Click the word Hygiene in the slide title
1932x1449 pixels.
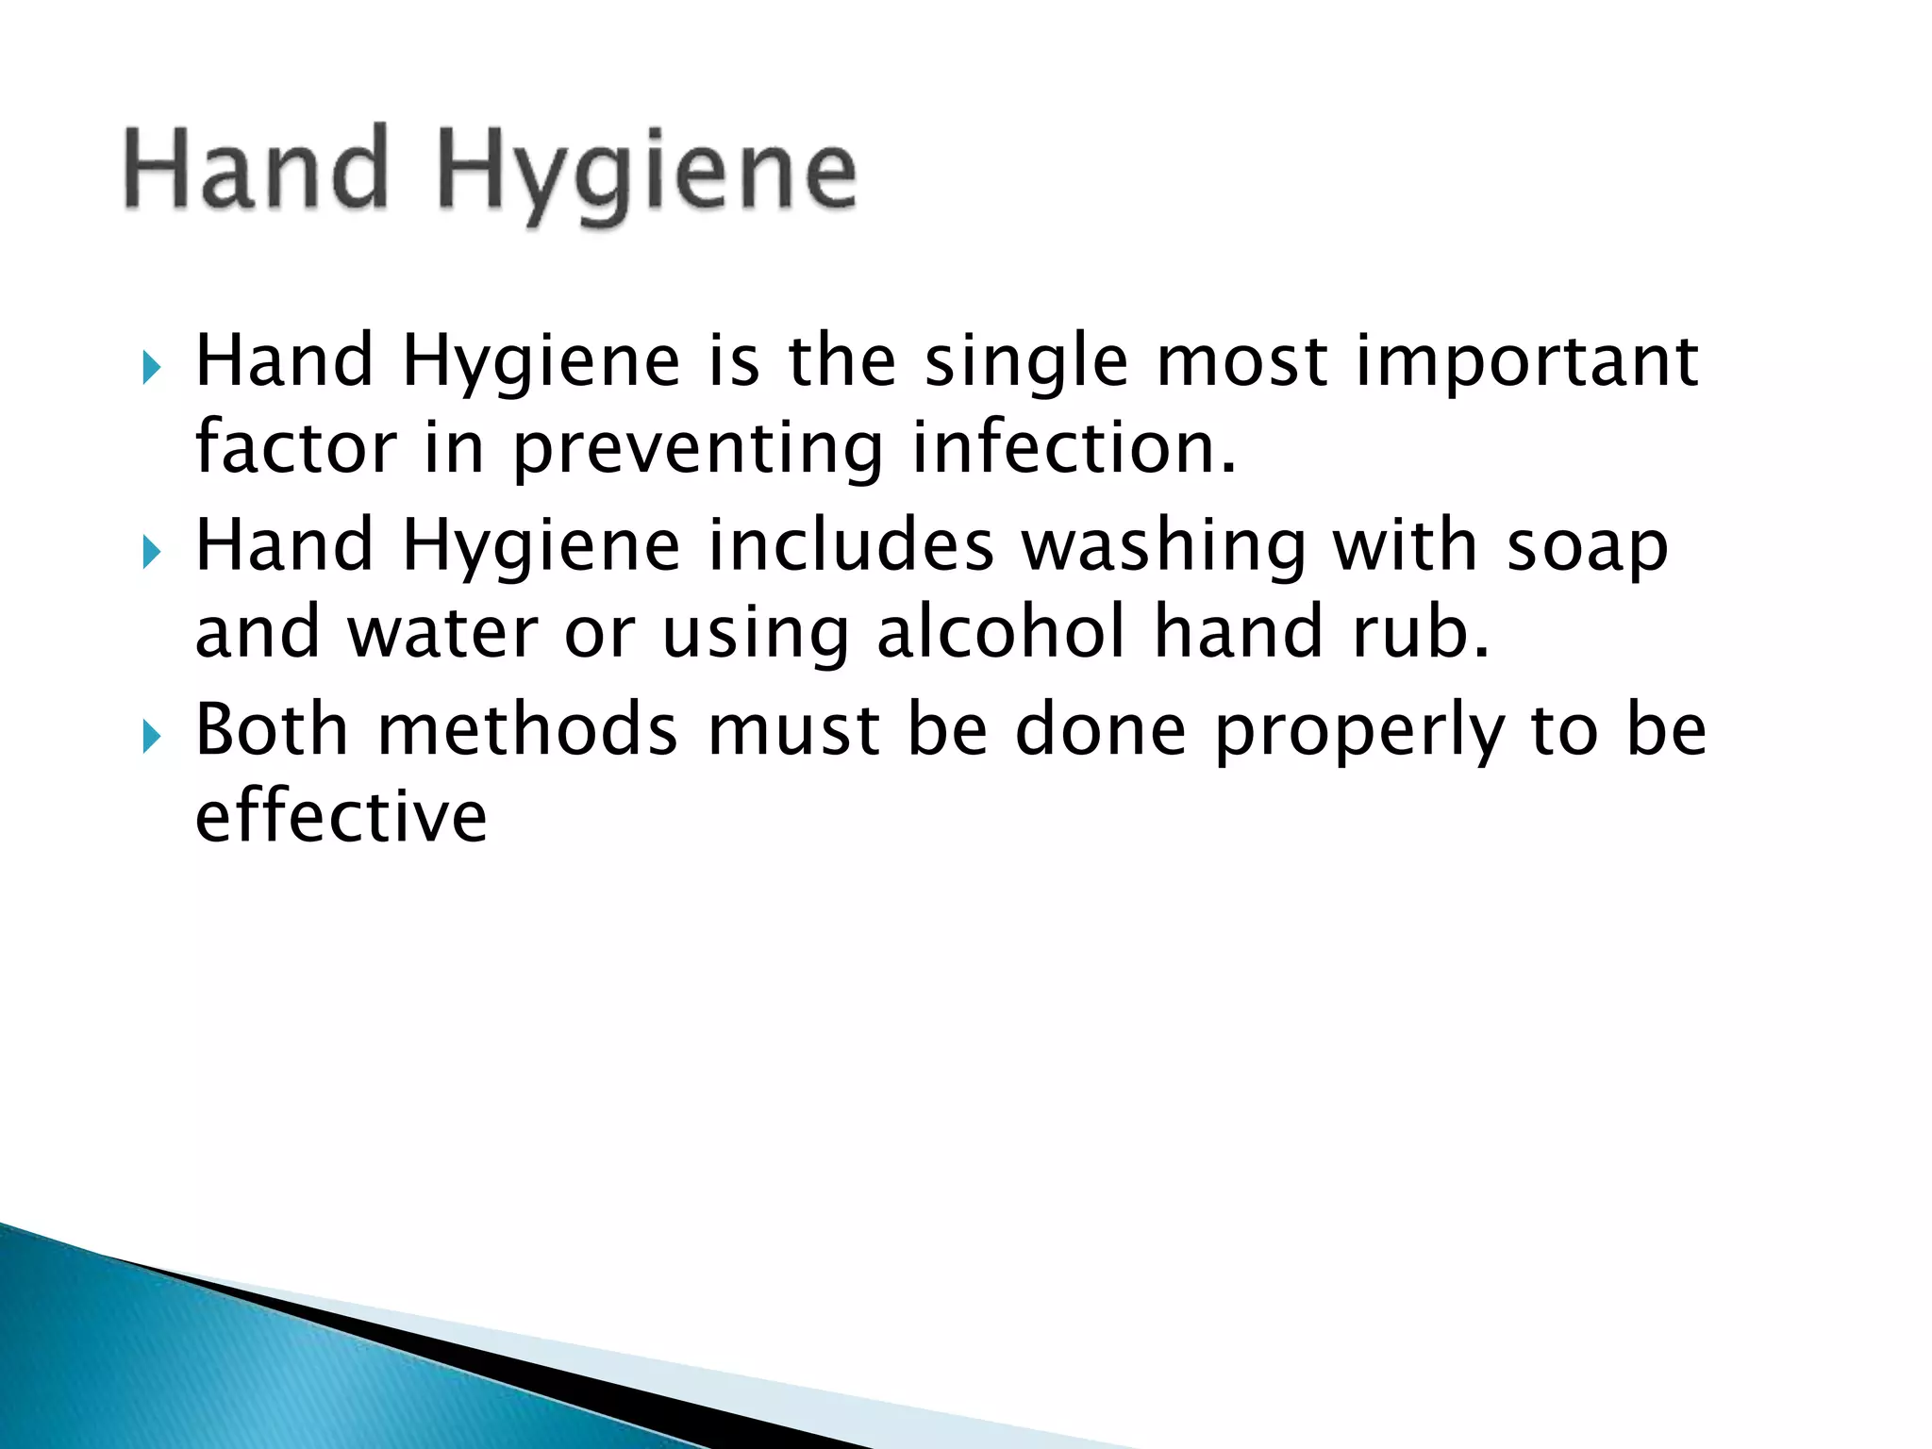click(647, 175)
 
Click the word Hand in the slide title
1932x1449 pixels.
click(257, 170)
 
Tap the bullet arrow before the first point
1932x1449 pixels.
click(152, 368)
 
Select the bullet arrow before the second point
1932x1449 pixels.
click(152, 551)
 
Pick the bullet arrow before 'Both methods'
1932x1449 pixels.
click(152, 735)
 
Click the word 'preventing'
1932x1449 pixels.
click(697, 451)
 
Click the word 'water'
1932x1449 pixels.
click(443, 634)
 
